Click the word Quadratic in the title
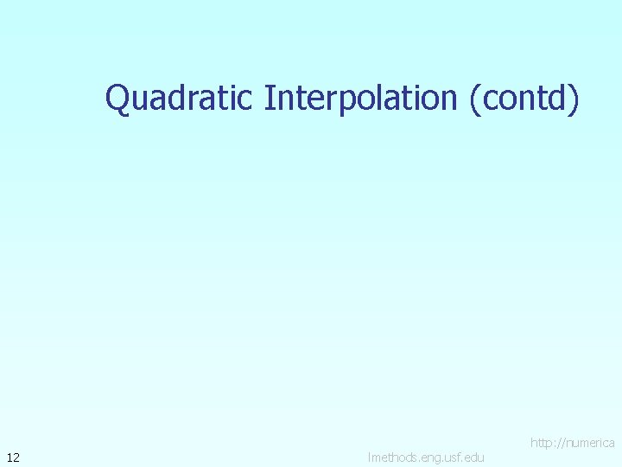coord(179,99)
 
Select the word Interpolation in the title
coord(360,99)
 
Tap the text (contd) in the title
coord(524,99)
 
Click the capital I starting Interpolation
coord(269,98)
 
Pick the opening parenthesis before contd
coord(473,99)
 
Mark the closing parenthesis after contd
coord(574,99)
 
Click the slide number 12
coord(13,457)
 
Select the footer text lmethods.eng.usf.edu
coord(426,457)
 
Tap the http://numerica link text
coord(572,443)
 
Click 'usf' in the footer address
coord(448,457)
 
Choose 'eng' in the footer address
coord(426,457)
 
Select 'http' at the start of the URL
coord(542,443)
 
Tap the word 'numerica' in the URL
coord(590,443)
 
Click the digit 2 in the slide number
coord(16,457)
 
